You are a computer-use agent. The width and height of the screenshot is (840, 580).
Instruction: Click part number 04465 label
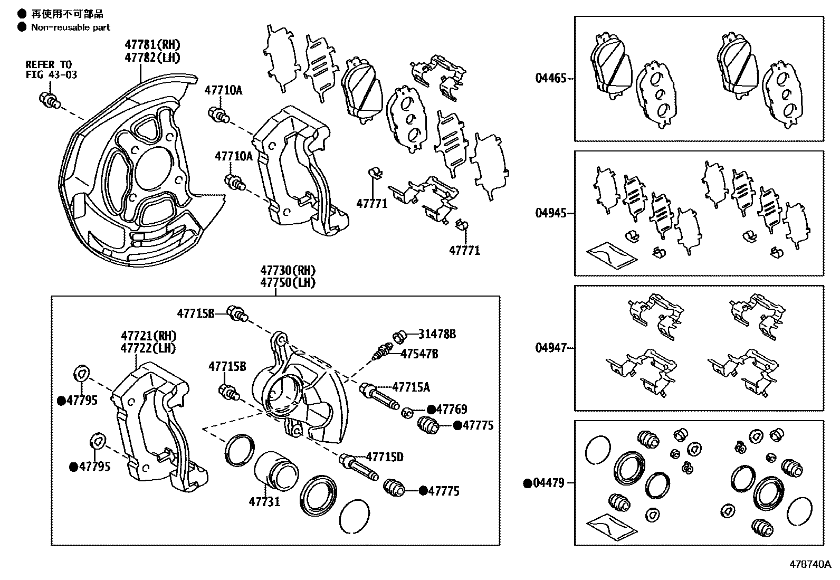550,79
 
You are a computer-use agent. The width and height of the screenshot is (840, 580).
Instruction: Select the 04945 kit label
550,213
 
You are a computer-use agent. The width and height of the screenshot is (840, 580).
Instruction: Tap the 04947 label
550,348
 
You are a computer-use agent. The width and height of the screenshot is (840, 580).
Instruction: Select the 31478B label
437,334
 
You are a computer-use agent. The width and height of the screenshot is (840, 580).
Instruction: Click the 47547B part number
419,354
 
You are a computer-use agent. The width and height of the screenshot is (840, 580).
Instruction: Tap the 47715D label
385,457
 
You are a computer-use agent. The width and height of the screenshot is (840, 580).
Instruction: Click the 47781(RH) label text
152,44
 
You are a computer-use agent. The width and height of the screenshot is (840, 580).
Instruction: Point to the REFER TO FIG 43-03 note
51,70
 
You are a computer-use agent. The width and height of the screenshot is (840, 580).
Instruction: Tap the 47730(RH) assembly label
288,270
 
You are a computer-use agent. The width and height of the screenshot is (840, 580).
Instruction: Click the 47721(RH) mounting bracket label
149,336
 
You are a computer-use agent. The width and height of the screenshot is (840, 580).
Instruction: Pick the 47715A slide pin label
411,387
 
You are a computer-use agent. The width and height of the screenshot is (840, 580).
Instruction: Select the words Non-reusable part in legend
71,27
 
